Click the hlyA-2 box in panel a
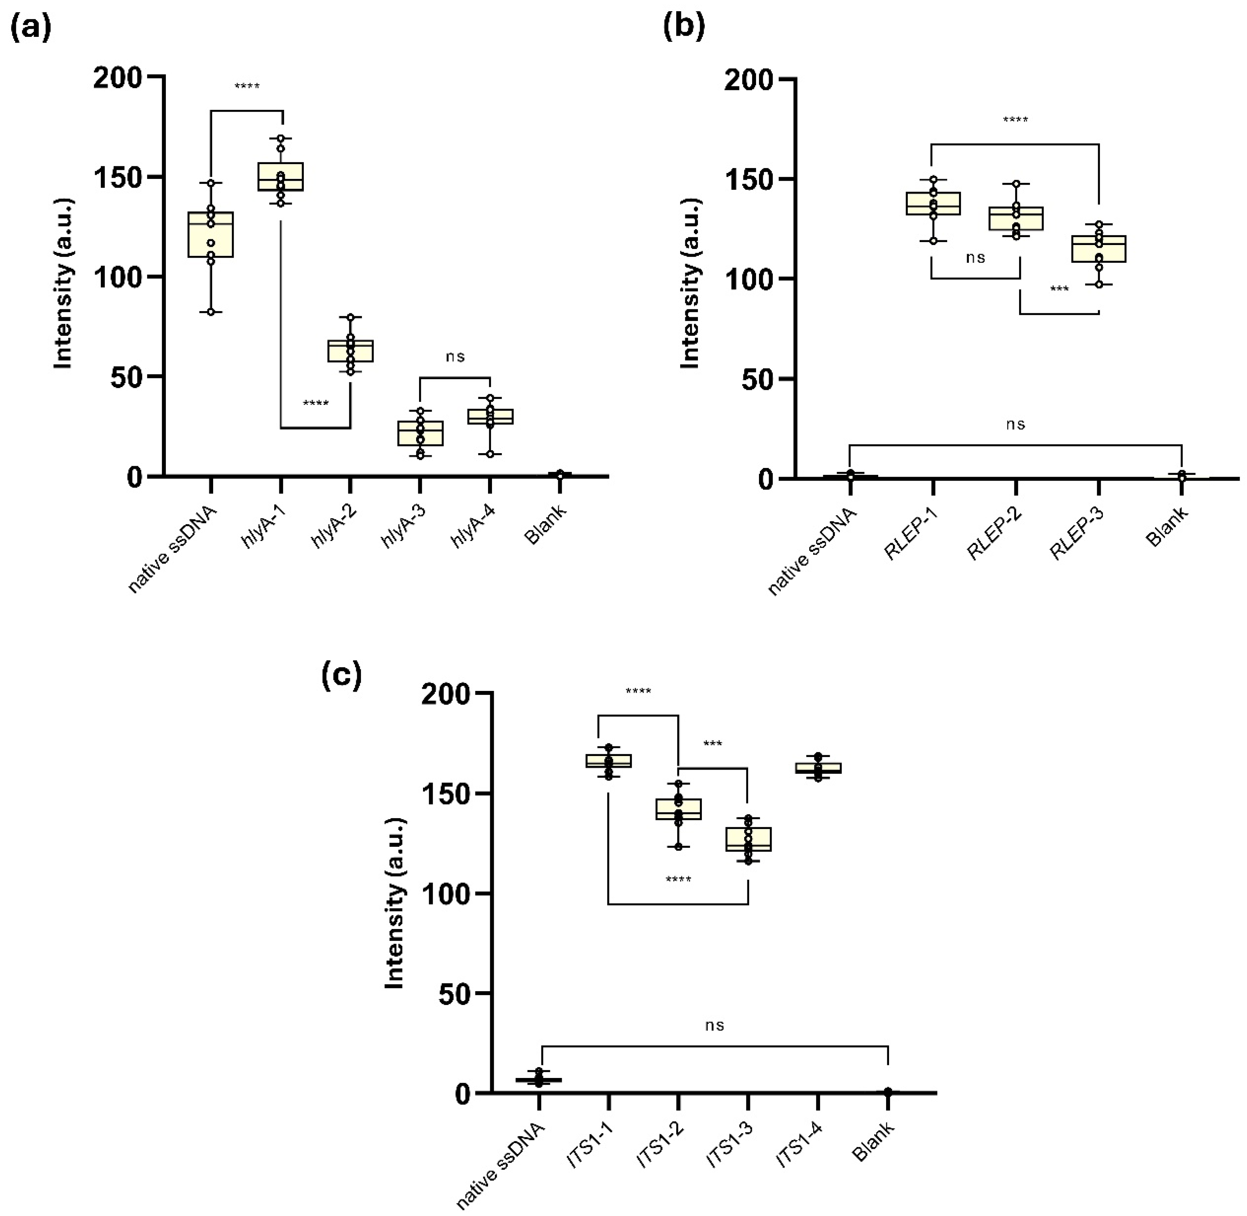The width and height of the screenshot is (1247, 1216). coord(350,351)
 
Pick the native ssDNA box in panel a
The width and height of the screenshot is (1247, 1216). coord(211,235)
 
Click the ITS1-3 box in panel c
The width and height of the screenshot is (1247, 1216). coord(748,839)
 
